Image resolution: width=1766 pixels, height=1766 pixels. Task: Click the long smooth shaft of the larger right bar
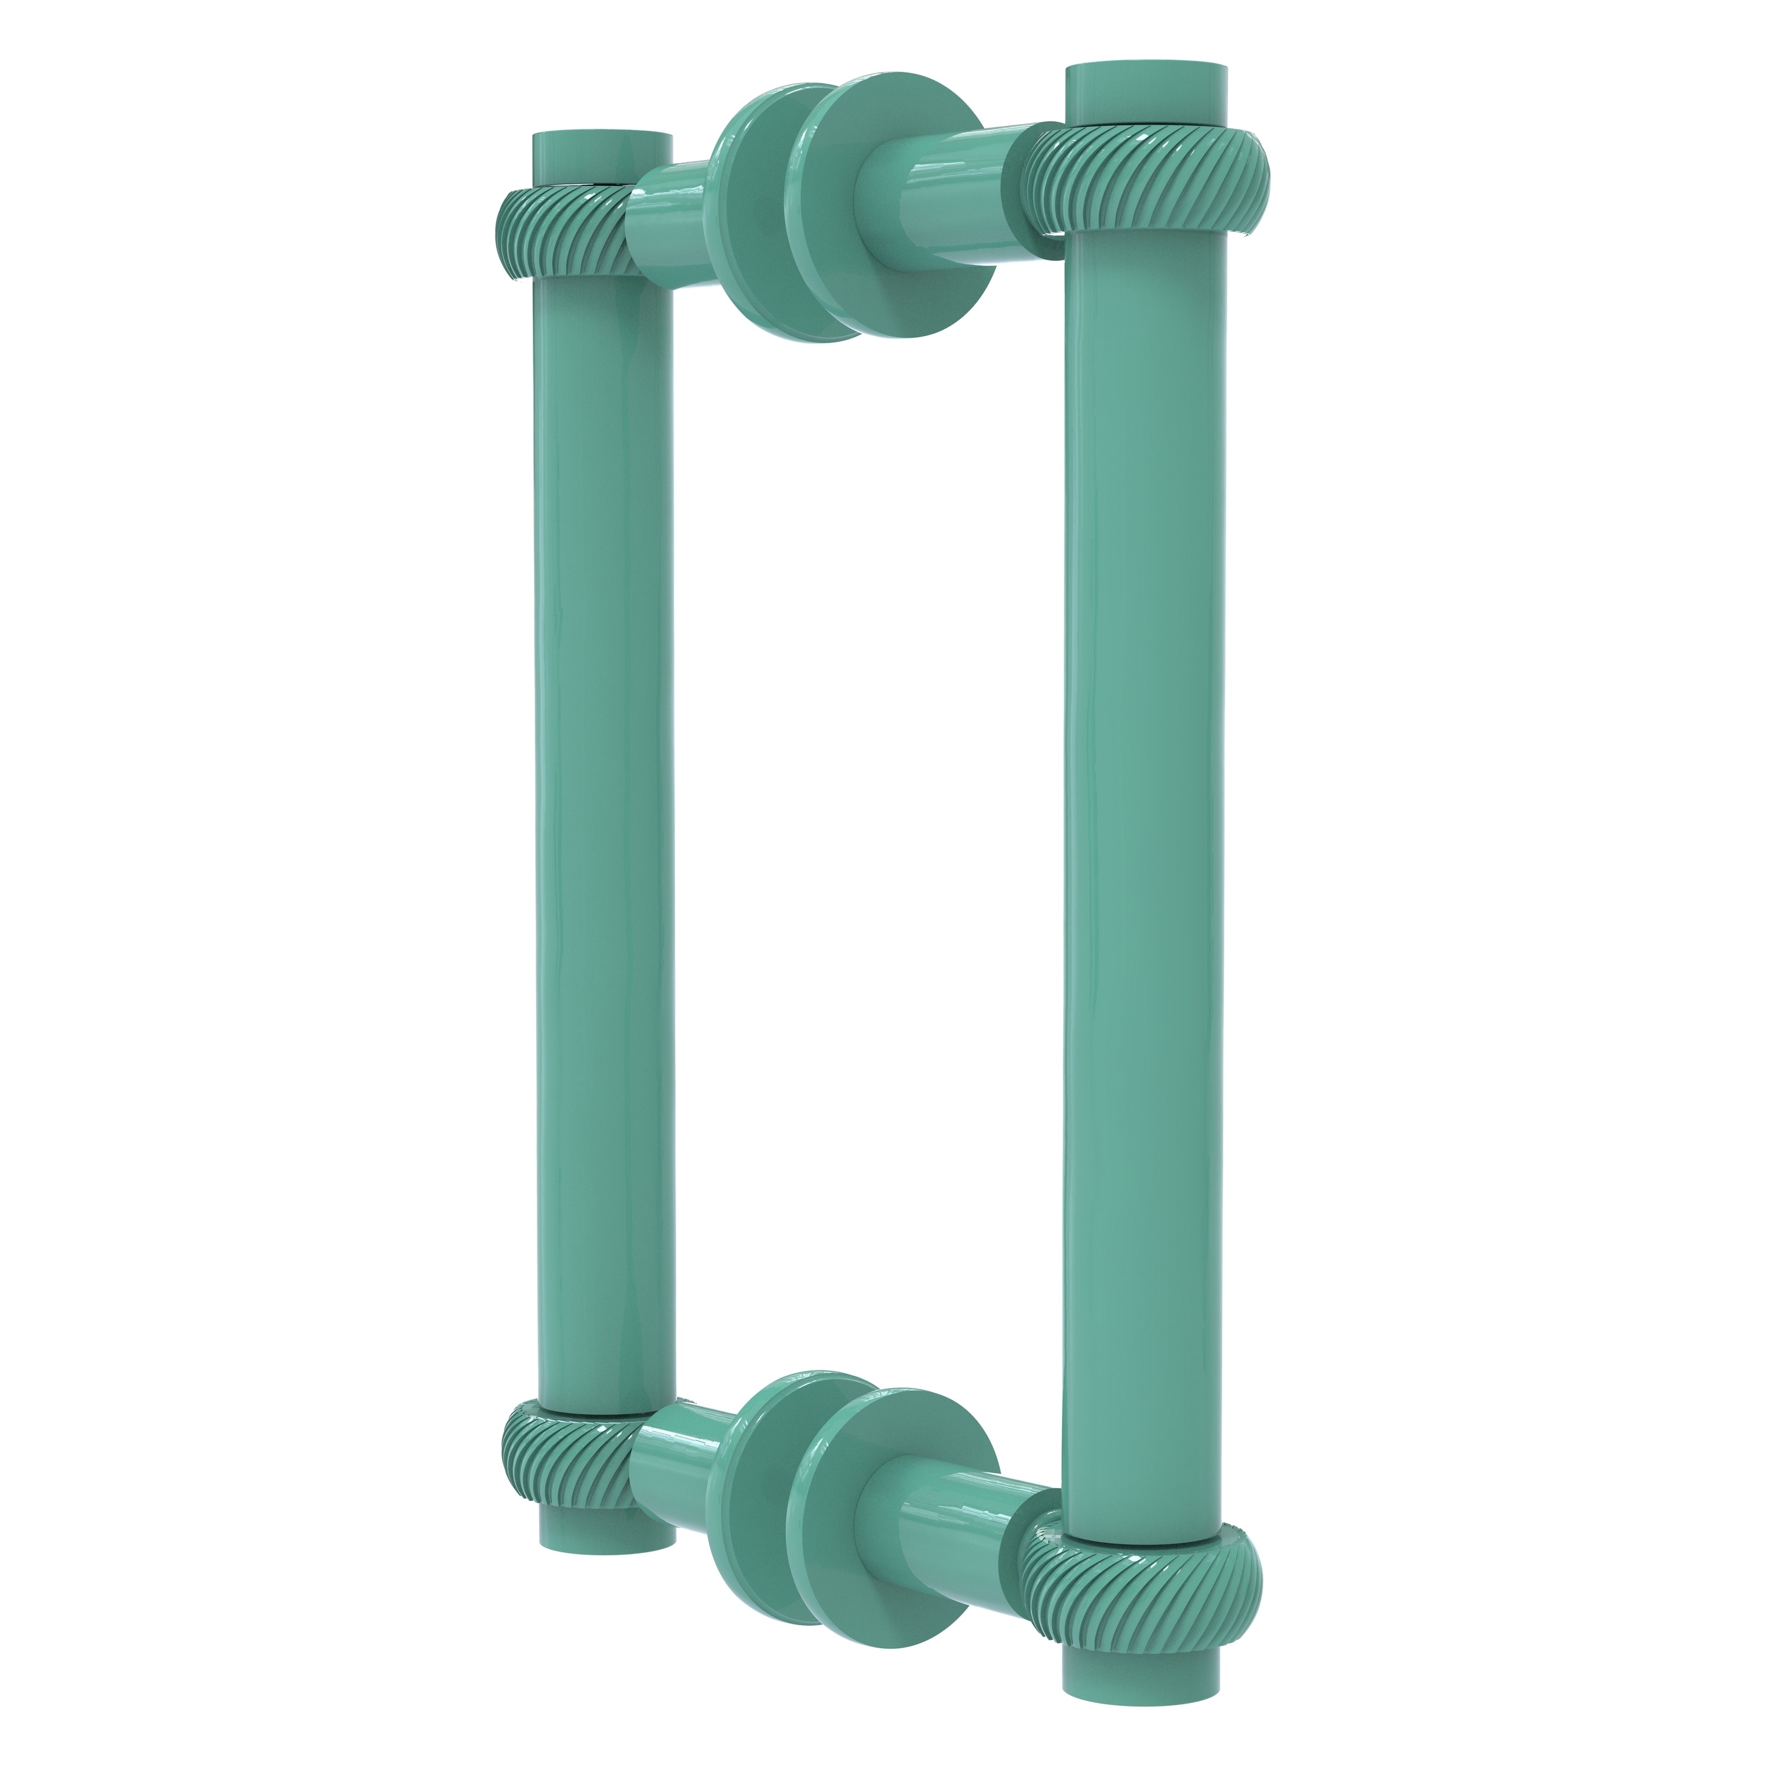[1143, 823]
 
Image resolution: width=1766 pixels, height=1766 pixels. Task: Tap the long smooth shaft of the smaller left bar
[603, 823]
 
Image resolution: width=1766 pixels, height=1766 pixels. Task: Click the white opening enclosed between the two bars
[868, 823]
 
